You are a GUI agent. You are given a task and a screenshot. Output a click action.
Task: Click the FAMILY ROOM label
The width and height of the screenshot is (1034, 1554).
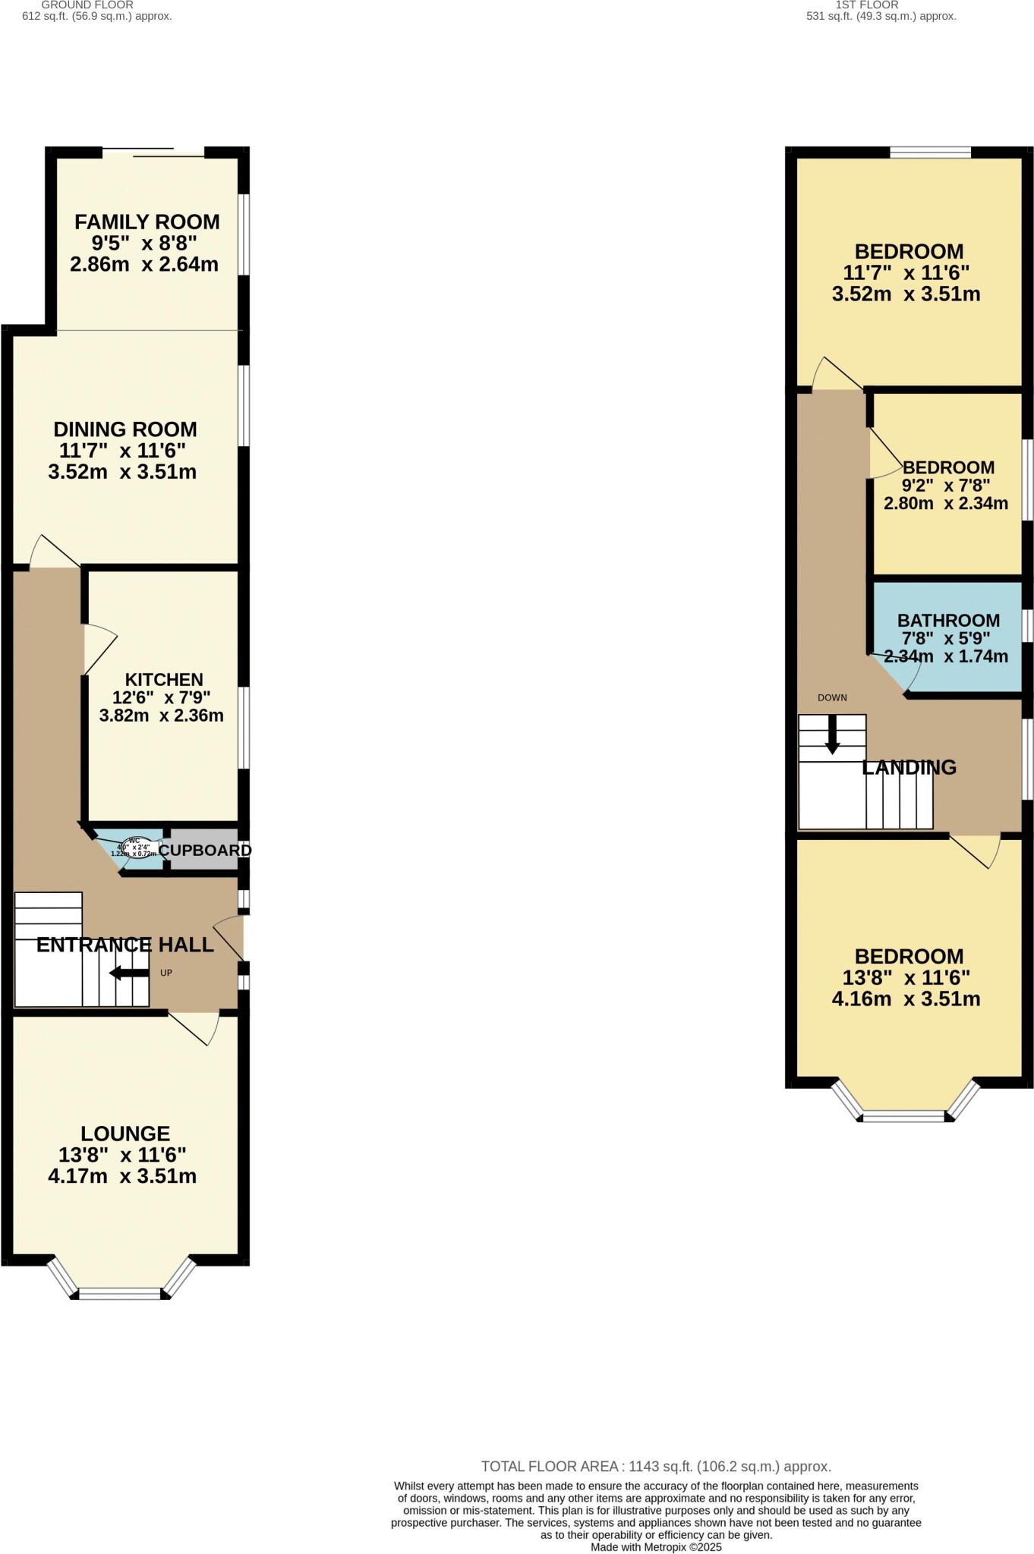147,222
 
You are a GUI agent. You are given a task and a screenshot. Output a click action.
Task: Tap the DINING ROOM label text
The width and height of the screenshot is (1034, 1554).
125,429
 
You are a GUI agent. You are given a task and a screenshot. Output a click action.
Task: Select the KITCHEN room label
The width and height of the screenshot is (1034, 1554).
164,680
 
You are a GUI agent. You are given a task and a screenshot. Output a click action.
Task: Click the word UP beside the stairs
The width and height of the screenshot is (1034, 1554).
166,973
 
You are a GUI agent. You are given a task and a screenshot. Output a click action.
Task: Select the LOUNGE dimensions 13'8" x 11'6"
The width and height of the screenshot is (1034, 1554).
122,1155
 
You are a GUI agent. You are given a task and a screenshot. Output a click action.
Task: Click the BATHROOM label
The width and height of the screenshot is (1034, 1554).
948,621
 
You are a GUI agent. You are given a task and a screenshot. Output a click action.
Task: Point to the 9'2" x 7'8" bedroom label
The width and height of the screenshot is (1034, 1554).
947,467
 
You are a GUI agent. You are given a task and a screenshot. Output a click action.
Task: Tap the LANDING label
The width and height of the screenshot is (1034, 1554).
909,767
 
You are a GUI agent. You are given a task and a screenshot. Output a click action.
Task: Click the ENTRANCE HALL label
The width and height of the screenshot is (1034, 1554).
125,945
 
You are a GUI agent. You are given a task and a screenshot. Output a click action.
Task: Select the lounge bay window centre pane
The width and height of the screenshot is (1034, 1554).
120,1293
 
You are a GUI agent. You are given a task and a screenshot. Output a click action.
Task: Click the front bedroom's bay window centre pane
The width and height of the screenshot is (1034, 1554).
903,1116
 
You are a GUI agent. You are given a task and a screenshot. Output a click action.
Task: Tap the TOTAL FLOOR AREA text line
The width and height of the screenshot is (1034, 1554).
656,1467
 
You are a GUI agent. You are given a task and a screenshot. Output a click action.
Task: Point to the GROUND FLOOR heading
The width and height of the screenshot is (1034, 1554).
87,5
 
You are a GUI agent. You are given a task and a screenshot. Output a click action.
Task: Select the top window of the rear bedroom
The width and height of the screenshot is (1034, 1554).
930,153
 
